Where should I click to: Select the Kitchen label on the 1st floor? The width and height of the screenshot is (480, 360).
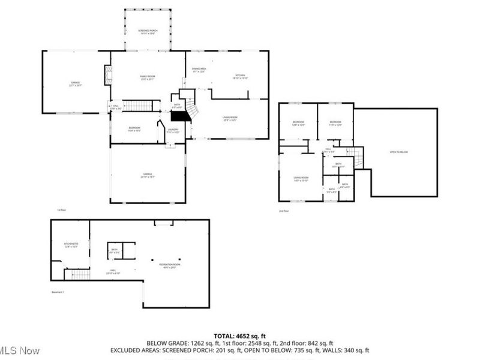[239, 75]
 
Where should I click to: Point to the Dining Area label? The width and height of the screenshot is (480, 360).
[199, 70]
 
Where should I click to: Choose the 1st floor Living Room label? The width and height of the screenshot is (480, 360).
[230, 118]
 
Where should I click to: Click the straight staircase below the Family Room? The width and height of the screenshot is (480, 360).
[137, 106]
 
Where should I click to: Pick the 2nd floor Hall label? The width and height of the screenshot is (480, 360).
[328, 149]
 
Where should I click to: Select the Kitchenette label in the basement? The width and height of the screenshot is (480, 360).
[71, 244]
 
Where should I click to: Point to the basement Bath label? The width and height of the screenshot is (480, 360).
[114, 250]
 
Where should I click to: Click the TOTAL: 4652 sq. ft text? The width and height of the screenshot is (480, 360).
[239, 335]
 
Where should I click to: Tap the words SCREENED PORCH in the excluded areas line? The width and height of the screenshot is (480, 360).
[168, 350]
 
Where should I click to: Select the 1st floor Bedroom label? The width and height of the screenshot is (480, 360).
[134, 128]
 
